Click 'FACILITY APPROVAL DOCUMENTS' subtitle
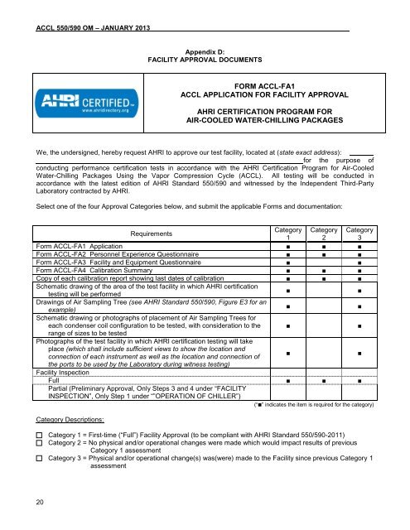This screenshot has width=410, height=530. (205, 60)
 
